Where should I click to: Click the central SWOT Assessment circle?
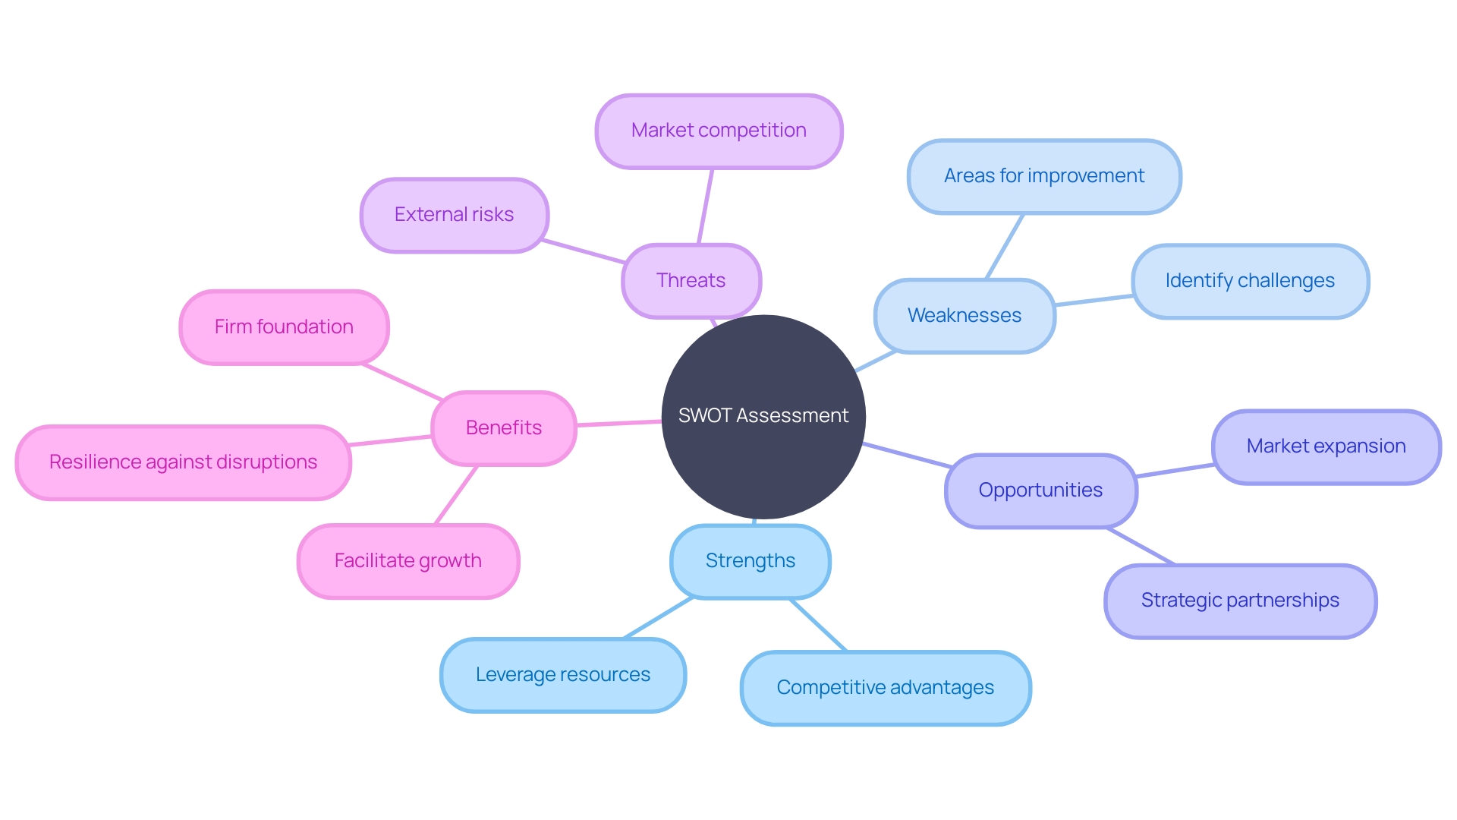763,417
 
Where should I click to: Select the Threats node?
691,281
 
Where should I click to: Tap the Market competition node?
719,131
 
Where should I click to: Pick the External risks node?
454,215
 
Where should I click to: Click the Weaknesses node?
964,316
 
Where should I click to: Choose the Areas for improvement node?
1043,176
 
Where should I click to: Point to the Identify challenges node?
1249,281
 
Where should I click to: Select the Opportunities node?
1040,490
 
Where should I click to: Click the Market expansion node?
1326,446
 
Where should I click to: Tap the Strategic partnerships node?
1240,601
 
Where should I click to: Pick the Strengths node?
750,561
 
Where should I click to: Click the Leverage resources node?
562,675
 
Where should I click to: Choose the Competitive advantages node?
885,688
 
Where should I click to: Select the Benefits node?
503,428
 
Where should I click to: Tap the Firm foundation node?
284,327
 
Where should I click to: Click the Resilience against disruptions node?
183,462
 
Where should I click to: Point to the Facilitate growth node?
408,561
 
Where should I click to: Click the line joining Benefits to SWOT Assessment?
618,423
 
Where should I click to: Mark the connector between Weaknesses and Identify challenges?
1094,301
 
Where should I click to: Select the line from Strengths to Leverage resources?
658,618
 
